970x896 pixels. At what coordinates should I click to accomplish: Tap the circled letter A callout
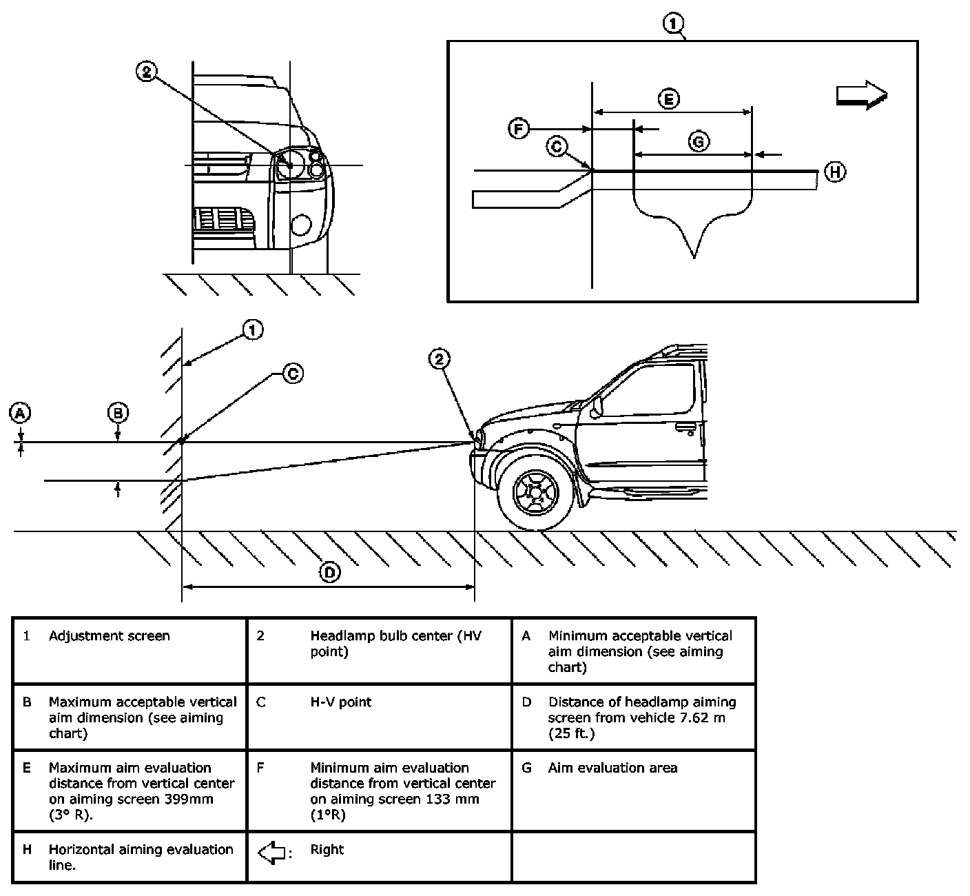click(x=20, y=413)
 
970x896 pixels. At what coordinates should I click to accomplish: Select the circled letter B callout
click(x=118, y=413)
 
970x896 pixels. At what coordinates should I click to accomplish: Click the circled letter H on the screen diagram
click(x=835, y=171)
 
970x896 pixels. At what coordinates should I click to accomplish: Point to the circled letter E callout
click(x=668, y=99)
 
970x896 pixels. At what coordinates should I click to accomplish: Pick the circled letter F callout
click(x=519, y=129)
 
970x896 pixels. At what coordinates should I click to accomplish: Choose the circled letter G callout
click(x=699, y=141)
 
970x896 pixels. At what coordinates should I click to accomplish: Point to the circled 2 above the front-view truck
click(x=146, y=71)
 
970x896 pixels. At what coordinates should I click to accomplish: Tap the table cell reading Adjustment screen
click(x=109, y=636)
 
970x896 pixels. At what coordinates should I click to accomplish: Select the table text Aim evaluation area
click(x=612, y=768)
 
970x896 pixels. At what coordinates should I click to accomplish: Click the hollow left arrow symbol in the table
click(x=272, y=853)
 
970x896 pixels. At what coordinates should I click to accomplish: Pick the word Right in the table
click(x=327, y=850)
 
